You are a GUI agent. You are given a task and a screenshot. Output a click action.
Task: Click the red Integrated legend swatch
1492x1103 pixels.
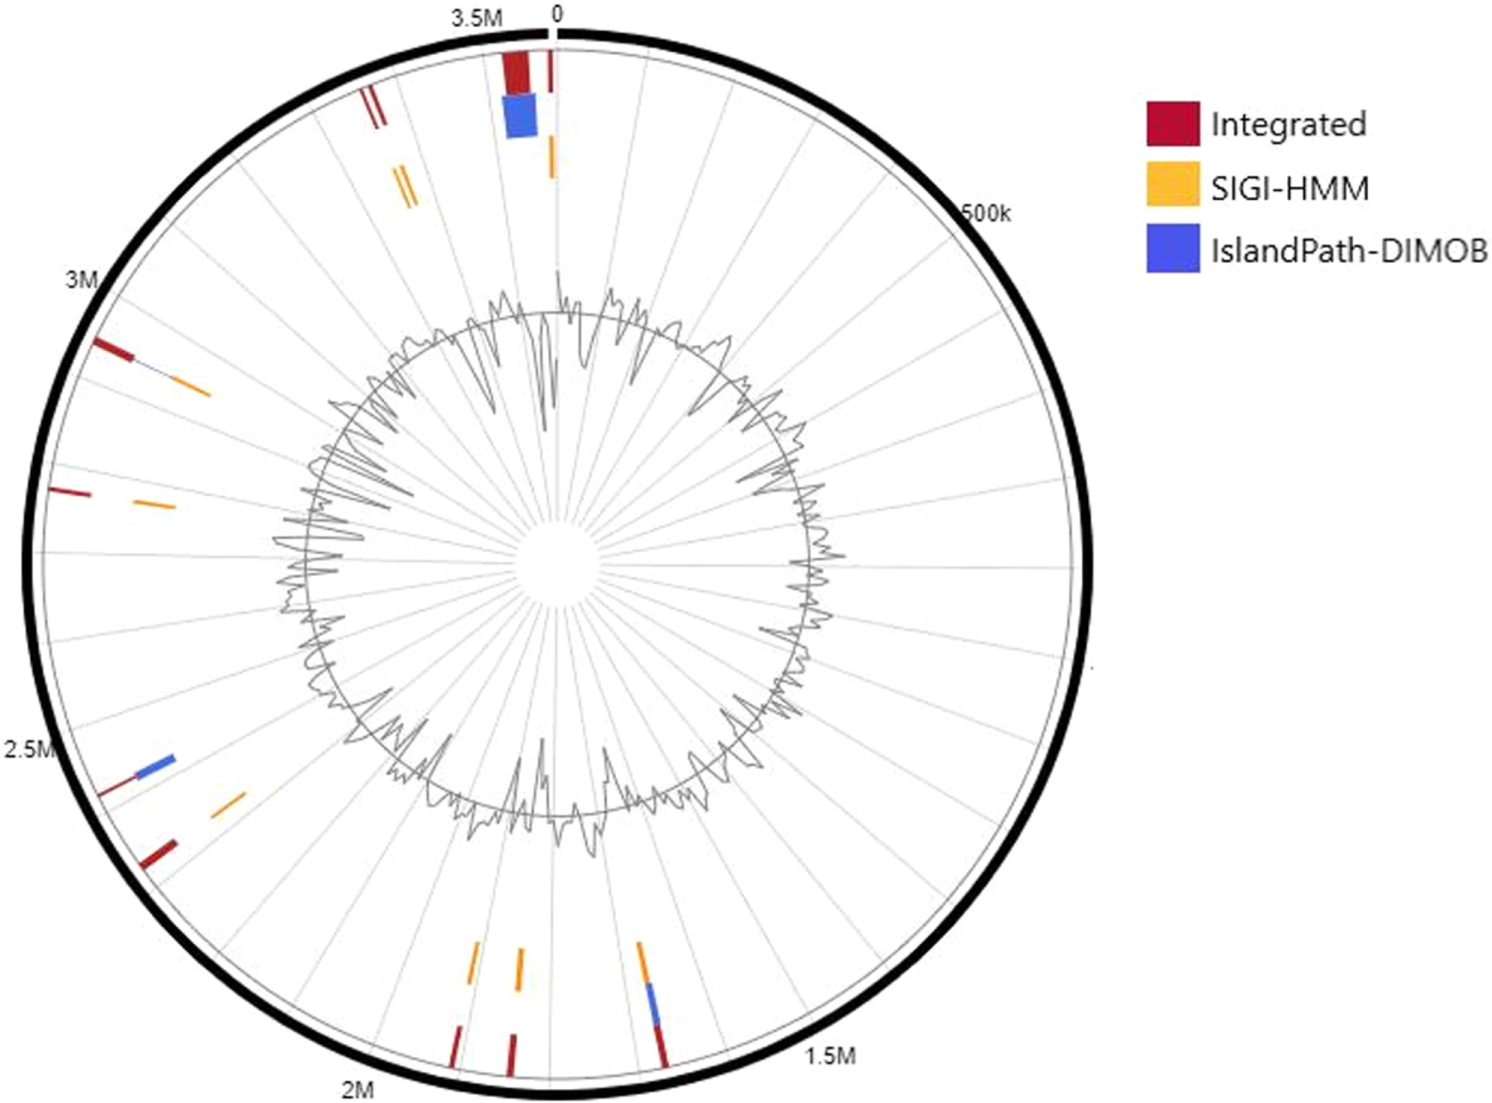pyautogui.click(x=1173, y=123)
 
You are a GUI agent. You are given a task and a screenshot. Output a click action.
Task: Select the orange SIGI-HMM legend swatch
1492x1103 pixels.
pyautogui.click(x=1173, y=186)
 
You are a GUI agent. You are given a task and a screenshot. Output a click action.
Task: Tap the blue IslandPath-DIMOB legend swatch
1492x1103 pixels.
pyautogui.click(x=1173, y=250)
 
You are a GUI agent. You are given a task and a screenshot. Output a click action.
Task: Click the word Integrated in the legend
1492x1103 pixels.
pyautogui.click(x=1288, y=124)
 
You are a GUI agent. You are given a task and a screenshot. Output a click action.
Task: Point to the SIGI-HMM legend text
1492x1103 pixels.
pyautogui.click(x=1289, y=187)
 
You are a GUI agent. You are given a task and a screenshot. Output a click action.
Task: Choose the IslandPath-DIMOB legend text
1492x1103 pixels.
pyautogui.click(x=1349, y=251)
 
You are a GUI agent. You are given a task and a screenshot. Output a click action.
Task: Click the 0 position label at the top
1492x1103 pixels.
pyautogui.click(x=556, y=14)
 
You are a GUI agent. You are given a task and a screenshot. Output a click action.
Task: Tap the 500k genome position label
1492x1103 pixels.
pyautogui.click(x=984, y=212)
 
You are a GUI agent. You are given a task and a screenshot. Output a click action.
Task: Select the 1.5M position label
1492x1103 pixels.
pyautogui.click(x=830, y=1055)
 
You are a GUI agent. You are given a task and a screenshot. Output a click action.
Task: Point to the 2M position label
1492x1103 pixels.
pyautogui.click(x=357, y=1090)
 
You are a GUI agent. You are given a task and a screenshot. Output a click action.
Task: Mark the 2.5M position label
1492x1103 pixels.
pyautogui.click(x=28, y=749)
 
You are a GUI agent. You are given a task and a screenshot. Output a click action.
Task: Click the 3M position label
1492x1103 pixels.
pyautogui.click(x=82, y=279)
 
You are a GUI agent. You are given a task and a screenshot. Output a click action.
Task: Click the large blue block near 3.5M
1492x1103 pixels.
pyautogui.click(x=520, y=115)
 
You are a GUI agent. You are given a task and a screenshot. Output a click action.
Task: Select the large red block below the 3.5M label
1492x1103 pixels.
pyautogui.click(x=516, y=72)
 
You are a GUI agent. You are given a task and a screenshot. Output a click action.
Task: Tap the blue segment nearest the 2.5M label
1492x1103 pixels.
pyautogui.click(x=155, y=767)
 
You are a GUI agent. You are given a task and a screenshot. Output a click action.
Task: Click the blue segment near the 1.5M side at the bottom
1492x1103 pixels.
pyautogui.click(x=653, y=1003)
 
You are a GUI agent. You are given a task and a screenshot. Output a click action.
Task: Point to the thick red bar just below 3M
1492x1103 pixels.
pyautogui.click(x=114, y=350)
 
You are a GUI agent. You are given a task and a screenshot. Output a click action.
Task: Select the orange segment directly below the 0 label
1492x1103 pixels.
pyautogui.click(x=552, y=157)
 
